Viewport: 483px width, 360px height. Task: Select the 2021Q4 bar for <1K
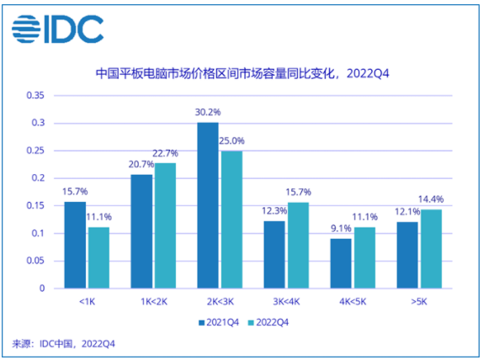(76, 245)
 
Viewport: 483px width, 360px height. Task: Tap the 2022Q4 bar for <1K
(98, 257)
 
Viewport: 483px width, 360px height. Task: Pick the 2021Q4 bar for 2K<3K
(208, 205)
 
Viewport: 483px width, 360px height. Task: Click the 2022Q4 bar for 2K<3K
(231, 220)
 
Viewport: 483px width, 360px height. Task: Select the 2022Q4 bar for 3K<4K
(297, 245)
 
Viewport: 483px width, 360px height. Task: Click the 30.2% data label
(208, 113)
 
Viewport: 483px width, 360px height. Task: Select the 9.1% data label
(340, 228)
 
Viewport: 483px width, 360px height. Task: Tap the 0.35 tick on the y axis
(35, 96)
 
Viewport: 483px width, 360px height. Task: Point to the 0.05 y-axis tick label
(35, 261)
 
